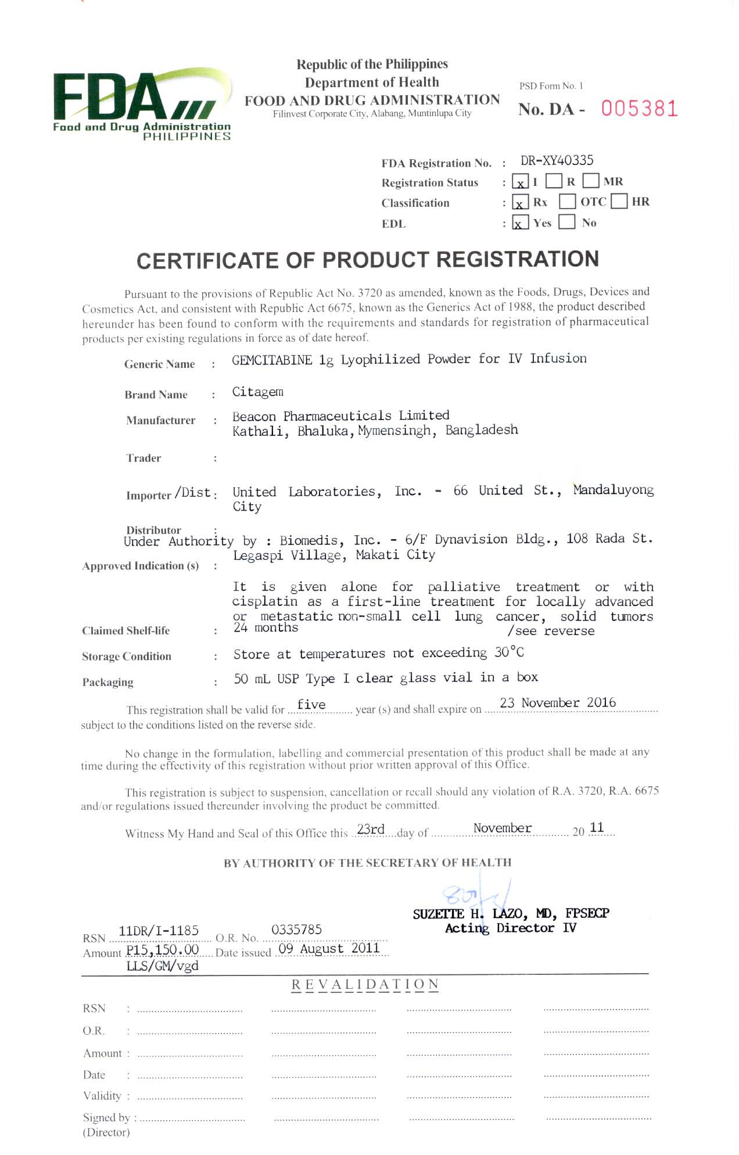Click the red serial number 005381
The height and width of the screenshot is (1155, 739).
coord(639,109)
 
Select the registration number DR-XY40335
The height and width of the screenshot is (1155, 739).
coord(557,161)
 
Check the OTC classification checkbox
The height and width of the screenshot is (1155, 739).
coord(567,202)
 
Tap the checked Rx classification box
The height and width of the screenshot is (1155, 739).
coord(520,203)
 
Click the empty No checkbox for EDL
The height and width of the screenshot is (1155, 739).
coord(566,222)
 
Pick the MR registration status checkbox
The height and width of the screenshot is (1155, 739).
coord(591,181)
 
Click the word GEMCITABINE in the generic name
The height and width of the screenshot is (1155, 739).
coord(272,360)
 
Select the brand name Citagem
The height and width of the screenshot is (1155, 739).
coord(257,392)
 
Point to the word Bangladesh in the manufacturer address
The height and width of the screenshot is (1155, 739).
coord(481,431)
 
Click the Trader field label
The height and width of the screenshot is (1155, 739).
coord(144,458)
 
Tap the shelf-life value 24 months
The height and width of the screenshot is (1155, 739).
coord(266,628)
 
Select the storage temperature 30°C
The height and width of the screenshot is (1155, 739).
coord(509,652)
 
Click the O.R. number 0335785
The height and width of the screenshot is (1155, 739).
coord(296,930)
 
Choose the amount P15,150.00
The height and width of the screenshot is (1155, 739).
coord(163,950)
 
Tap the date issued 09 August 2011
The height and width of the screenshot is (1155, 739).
coord(329,949)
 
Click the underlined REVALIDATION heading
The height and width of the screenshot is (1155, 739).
coord(365,985)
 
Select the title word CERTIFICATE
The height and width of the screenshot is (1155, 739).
coord(206,261)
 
